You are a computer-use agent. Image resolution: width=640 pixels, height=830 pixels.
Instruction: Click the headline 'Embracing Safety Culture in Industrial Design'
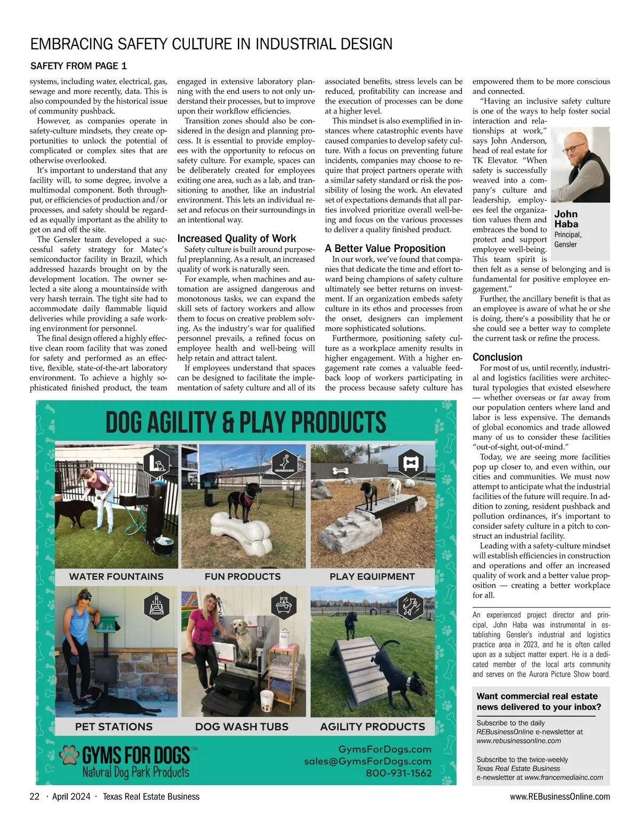pos(211,44)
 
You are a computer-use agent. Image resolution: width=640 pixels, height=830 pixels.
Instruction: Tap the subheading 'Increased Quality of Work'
pos(236,239)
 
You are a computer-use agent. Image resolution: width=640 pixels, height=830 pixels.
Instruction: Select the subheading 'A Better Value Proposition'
pos(385,248)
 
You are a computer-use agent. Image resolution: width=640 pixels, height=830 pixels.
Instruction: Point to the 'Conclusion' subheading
pos(498,357)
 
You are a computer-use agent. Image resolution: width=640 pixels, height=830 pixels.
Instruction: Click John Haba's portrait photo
pos(580,164)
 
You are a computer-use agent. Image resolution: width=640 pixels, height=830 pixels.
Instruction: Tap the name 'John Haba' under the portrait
pos(566,219)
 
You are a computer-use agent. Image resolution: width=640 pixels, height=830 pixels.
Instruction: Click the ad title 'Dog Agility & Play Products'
pos(246,422)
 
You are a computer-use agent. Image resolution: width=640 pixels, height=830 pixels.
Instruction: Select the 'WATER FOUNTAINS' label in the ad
pos(116,576)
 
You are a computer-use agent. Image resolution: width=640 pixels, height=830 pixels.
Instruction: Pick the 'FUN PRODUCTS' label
pos(243,576)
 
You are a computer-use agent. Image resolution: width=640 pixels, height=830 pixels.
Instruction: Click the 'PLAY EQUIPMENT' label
pos(372,576)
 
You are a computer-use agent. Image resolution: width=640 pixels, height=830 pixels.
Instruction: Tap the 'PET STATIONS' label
pos(114,726)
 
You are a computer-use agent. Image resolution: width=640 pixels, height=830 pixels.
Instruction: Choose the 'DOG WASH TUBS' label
pos(242,726)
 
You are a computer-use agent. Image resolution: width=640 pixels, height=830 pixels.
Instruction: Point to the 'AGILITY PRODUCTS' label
pos(372,726)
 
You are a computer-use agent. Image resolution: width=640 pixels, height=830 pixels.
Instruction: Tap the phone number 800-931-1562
pos(398,772)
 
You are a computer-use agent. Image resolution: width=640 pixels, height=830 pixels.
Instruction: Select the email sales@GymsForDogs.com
pos(367,761)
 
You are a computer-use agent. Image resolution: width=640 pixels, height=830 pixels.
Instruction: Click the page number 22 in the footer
pos(35,797)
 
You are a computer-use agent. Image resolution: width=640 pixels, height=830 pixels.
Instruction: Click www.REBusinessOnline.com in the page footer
pos(560,797)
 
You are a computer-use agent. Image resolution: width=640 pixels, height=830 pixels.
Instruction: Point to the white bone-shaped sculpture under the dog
pos(243,532)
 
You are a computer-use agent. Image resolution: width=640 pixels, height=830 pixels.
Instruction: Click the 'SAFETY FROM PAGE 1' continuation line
pos(78,66)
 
